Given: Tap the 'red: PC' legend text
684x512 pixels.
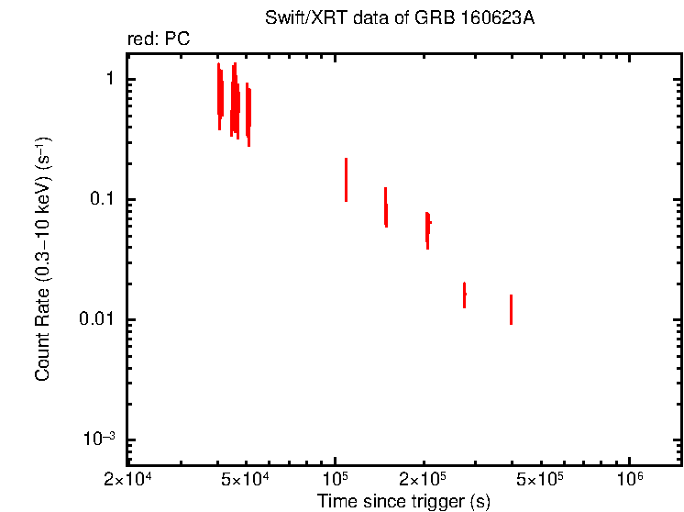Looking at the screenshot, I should coord(159,39).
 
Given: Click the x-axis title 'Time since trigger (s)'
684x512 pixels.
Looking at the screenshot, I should coord(403,501).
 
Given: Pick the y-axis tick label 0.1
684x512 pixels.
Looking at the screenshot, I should coord(103,200).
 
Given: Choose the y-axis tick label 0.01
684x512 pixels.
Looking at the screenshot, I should coord(99,320).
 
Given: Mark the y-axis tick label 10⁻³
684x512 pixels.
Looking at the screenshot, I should coord(100,440).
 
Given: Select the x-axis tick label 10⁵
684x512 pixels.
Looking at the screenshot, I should coord(336,480).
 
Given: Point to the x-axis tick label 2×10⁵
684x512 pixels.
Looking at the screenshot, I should coord(424,480).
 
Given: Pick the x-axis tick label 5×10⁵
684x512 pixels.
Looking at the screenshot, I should coord(541,480).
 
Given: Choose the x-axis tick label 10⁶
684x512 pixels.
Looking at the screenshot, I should coord(629,480).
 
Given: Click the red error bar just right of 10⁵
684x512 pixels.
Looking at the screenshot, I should coord(346,180).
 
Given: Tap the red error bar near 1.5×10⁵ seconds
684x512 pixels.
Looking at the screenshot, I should coord(385,207).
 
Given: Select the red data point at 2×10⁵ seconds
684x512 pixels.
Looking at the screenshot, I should coord(427,228).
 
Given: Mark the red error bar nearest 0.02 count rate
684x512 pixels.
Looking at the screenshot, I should coord(464,295).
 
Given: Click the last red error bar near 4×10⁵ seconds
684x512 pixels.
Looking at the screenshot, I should coord(511,309).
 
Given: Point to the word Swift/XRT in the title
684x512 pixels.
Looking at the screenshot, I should coord(296,19).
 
